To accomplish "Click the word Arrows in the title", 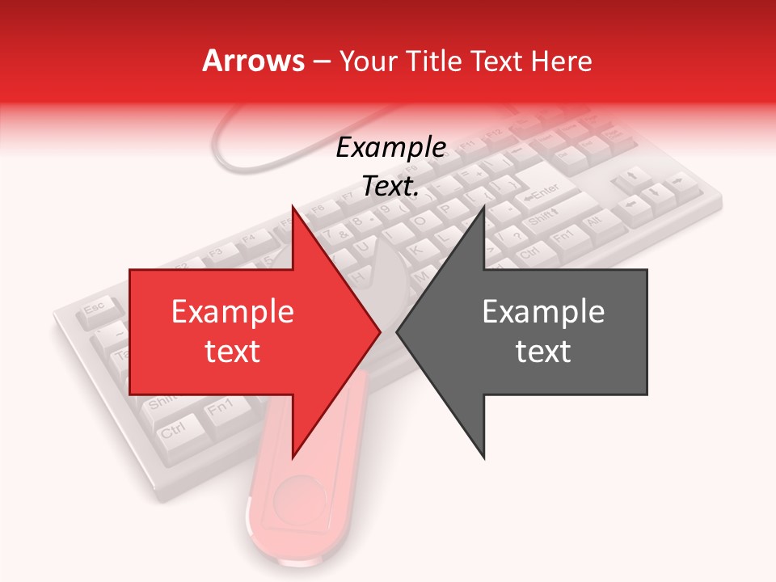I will (253, 61).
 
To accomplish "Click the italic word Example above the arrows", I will (390, 148).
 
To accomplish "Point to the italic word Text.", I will (390, 187).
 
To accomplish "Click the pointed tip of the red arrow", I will (380, 331).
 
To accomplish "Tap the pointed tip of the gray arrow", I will (397, 331).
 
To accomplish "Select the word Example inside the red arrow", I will (232, 312).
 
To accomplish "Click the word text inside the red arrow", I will (232, 352).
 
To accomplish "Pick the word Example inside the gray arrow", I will (543, 312).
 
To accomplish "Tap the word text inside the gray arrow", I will (543, 352).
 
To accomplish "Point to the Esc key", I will (95, 308).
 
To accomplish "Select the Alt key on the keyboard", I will (594, 220).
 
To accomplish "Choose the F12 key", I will (495, 133).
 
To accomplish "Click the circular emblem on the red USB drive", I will (297, 497).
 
